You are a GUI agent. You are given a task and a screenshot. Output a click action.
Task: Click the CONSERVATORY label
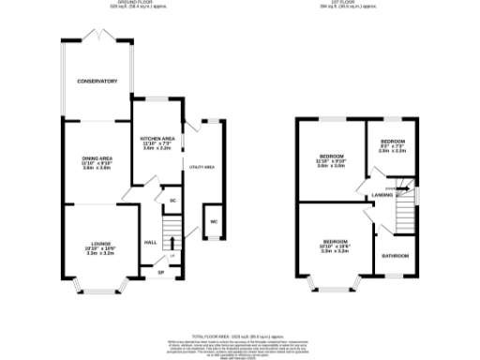97,82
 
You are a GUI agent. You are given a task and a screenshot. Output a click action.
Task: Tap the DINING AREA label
97,158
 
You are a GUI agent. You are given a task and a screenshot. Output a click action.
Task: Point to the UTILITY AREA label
202,166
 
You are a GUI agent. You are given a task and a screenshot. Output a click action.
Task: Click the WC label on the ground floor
214,221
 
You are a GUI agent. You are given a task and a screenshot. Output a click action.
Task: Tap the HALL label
150,242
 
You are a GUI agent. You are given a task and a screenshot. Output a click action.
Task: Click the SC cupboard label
172,201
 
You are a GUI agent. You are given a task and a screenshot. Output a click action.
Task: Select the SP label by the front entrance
160,273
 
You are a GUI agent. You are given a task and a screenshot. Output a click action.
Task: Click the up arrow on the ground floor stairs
172,255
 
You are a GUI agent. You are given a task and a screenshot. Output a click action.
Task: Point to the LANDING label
382,195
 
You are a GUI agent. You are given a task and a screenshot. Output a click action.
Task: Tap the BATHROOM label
394,254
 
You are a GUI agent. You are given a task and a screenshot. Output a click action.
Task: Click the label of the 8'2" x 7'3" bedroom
393,144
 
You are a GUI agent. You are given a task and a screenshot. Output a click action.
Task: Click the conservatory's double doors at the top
97,35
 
